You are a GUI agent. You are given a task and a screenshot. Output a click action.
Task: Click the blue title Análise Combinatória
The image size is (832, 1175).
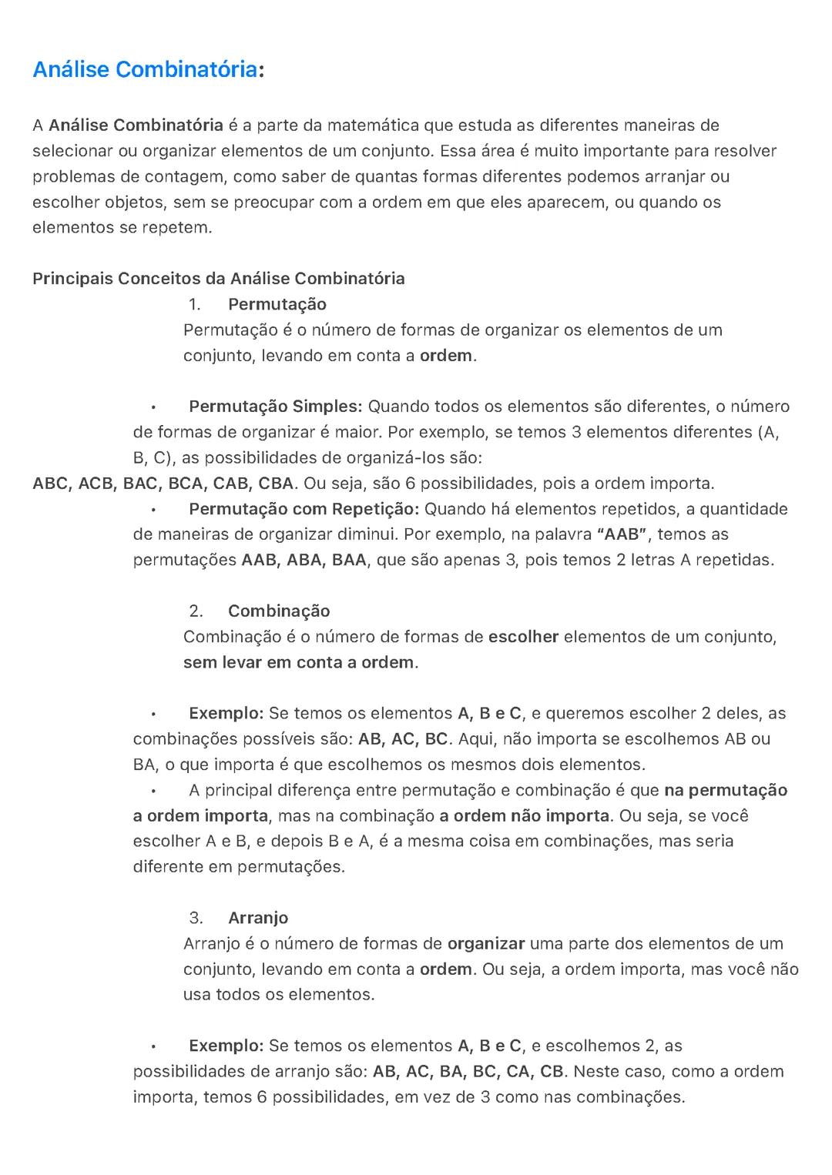145,70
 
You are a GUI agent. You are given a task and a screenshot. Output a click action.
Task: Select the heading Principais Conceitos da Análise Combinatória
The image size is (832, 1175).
218,279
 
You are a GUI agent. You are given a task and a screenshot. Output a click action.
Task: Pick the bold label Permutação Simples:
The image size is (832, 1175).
275,407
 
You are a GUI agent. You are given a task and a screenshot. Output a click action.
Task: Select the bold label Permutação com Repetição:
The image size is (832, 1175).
304,509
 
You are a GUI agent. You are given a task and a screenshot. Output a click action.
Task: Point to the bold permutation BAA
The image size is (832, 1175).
349,560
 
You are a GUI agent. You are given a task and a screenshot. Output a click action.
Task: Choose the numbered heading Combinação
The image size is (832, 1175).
279,611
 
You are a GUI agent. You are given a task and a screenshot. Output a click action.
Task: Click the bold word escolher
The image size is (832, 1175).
523,637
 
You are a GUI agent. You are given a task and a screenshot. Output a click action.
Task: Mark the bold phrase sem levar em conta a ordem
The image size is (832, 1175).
299,662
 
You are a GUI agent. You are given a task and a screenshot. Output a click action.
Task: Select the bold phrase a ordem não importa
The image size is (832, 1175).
524,815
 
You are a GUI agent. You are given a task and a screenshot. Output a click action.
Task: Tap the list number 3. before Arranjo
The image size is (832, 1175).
196,918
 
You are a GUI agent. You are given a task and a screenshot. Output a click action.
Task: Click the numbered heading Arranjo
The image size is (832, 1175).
258,918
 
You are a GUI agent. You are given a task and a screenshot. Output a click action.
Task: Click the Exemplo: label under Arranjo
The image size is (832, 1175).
226,1046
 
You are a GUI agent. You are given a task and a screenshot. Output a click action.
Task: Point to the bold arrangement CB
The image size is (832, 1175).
552,1071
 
